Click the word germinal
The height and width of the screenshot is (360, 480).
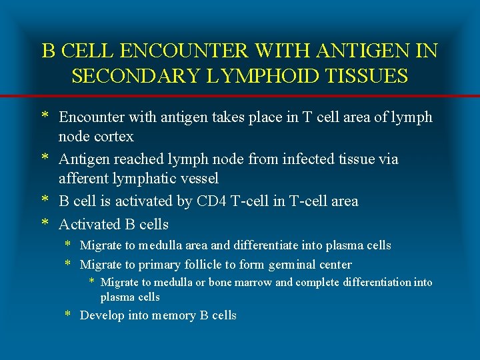pos(295,265)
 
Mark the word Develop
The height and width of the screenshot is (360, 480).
pos(101,315)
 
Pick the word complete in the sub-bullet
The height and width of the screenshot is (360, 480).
pos(317,283)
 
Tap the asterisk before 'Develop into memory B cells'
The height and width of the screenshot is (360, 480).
pos(68,315)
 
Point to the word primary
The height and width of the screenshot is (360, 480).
pos(163,265)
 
